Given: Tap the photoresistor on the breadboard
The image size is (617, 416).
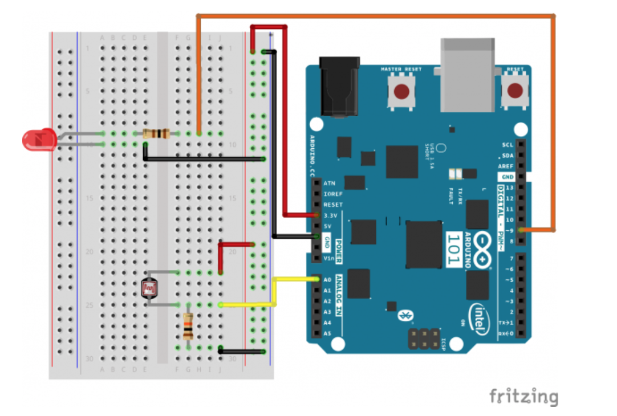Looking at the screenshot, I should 149,289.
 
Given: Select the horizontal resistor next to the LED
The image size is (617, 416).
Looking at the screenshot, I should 156,134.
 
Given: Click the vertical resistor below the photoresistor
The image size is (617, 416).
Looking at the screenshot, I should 188,327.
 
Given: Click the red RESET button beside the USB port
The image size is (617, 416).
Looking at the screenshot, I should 515,91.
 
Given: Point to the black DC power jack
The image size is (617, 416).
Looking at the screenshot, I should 340,85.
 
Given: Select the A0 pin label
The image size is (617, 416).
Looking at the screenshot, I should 327,280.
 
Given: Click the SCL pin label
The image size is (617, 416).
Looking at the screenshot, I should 508,145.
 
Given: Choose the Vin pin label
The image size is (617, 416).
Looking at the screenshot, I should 328,258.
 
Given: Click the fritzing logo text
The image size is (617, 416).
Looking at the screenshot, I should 523,396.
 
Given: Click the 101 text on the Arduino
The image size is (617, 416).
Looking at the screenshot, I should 453,250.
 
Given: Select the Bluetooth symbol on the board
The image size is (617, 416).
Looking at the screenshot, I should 406,315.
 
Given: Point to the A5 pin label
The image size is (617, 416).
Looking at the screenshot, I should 327,333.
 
